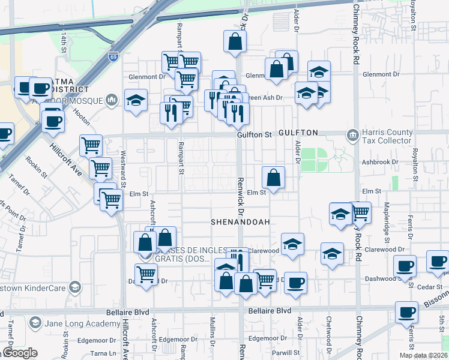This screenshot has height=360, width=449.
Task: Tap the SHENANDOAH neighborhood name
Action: click(x=237, y=222)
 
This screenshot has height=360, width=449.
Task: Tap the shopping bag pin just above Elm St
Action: click(x=273, y=178)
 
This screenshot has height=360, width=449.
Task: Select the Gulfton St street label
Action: click(x=254, y=136)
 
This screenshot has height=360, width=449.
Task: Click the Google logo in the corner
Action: click(x=19, y=353)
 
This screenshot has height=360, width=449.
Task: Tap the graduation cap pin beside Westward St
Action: click(x=136, y=100)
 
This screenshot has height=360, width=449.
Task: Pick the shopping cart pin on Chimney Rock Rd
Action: click(x=360, y=212)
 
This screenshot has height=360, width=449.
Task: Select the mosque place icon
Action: click(x=111, y=100)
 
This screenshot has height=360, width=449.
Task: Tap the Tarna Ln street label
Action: click(x=103, y=352)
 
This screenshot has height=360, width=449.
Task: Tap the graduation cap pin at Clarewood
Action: click(x=292, y=244)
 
